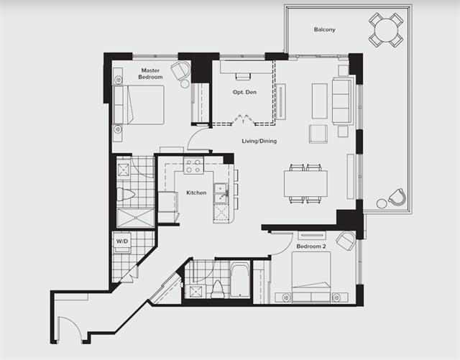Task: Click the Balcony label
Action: click(324, 29)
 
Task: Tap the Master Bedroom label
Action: click(150, 73)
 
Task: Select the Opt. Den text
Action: click(244, 92)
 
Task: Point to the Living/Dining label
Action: click(259, 141)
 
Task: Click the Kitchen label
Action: click(196, 193)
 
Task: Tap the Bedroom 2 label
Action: click(311, 246)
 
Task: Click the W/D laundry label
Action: click(122, 241)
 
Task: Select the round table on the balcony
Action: click(386, 29)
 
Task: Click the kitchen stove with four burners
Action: click(193, 165)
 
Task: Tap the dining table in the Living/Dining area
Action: click(305, 184)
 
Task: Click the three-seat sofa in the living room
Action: click(342, 101)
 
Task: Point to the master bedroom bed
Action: click(139, 105)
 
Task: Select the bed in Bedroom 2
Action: click(311, 277)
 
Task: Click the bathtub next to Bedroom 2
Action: click(239, 280)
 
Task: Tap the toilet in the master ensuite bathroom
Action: click(126, 194)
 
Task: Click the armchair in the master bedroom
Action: click(180, 70)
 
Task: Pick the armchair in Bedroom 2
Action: click(346, 240)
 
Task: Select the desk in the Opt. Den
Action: click(247, 67)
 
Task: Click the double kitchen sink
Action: click(221, 193)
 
